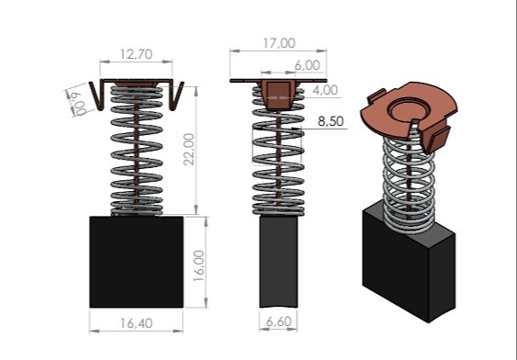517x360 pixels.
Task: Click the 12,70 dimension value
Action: coord(136,54)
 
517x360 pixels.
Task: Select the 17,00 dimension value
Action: coord(279,43)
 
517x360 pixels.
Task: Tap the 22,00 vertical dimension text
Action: coord(189,149)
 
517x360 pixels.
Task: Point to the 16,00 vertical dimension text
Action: coord(199,265)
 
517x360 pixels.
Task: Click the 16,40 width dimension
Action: coord(136,323)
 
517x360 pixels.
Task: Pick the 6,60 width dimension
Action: coord(278,321)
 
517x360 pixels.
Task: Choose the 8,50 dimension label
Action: coord(331,121)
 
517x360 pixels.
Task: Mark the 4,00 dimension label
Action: coord(325,90)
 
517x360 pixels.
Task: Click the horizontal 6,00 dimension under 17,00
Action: coord(308,65)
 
